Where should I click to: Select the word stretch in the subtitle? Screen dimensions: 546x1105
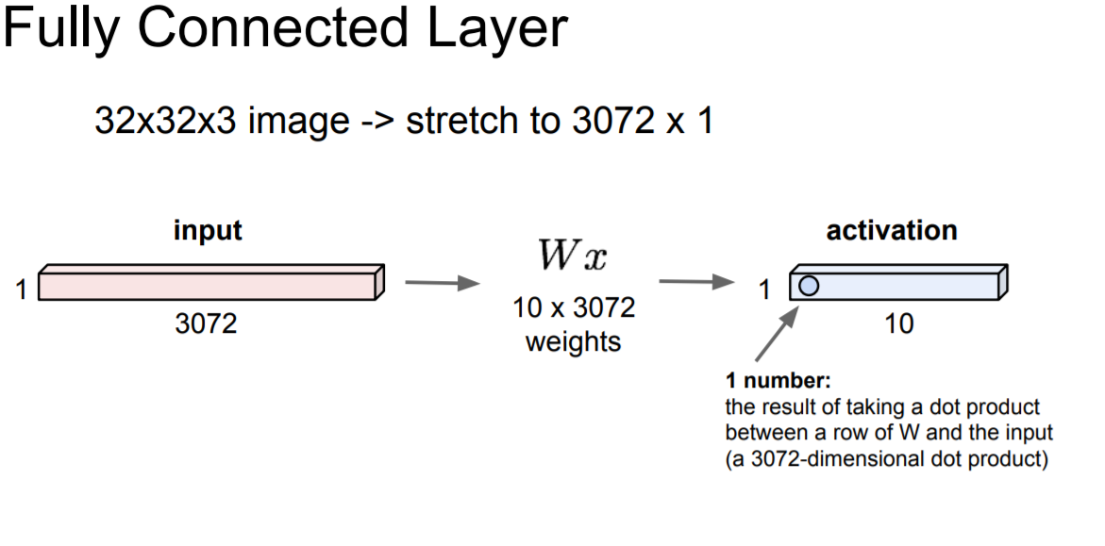click(x=457, y=121)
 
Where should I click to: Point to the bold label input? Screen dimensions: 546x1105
click(x=208, y=230)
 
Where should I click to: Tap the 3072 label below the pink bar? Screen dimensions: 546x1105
click(x=206, y=324)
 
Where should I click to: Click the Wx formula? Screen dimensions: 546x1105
click(x=572, y=256)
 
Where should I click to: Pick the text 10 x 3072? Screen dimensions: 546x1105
click(x=574, y=308)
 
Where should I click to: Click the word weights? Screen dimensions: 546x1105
click(x=574, y=340)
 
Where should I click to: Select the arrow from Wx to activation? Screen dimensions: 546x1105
click(x=696, y=281)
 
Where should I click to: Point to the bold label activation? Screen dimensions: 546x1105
click(x=891, y=230)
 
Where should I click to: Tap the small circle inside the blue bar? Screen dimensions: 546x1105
click(x=809, y=285)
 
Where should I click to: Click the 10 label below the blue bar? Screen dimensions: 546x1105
click(x=899, y=324)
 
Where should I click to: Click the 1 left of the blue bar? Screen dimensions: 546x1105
click(x=765, y=289)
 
